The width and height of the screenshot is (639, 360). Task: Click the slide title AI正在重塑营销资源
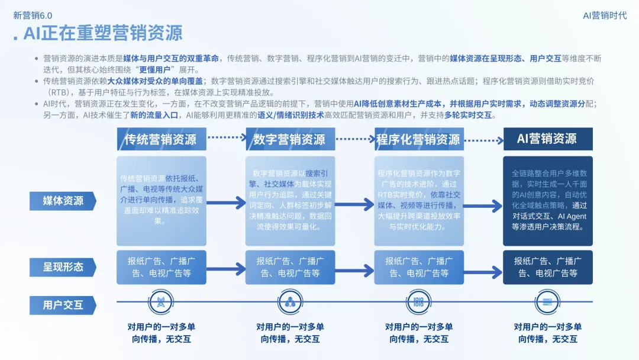click(102, 33)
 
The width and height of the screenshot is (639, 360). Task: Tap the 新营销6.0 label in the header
click(33, 15)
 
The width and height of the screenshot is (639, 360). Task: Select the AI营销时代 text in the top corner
click(604, 15)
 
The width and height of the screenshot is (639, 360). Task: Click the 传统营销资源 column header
click(161, 139)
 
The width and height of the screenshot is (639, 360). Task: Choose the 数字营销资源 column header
click(290, 139)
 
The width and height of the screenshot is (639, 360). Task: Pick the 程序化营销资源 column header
click(418, 139)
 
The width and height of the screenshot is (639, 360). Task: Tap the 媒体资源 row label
click(63, 201)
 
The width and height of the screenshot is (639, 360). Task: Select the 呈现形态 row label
click(63, 266)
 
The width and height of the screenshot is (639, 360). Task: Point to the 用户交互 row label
click(63, 306)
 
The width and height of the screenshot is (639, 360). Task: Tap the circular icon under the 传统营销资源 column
click(161, 301)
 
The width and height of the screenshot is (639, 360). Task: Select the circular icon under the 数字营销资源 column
click(290, 301)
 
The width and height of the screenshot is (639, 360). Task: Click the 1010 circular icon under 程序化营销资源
click(419, 301)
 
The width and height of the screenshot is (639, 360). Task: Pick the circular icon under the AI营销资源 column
click(547, 301)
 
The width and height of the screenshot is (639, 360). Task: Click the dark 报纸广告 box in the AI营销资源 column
click(547, 266)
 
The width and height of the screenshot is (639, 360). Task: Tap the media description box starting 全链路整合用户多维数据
click(547, 200)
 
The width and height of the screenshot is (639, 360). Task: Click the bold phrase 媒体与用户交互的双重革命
click(171, 58)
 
